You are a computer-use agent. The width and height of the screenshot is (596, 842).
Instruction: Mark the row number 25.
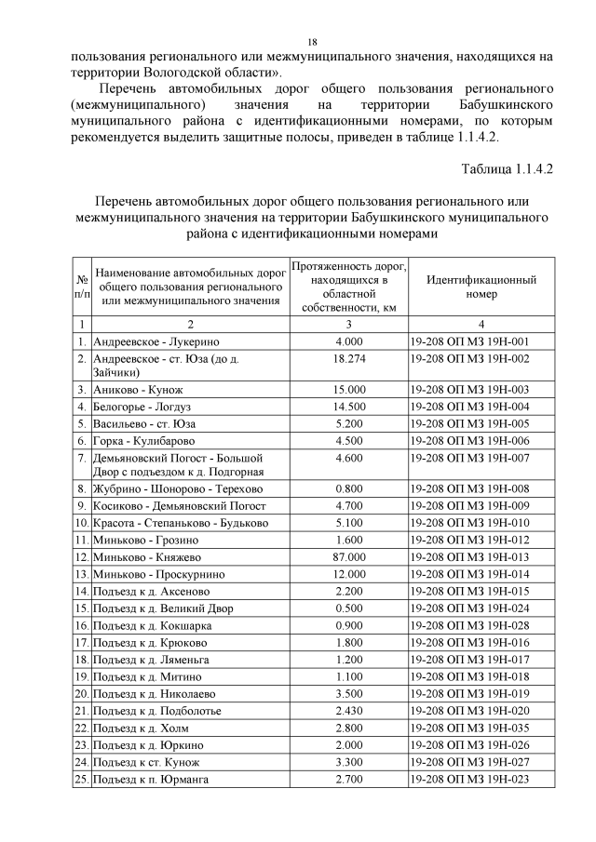[x=81, y=779]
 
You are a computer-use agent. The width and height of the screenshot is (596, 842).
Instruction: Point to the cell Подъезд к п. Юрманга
[x=150, y=779]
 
